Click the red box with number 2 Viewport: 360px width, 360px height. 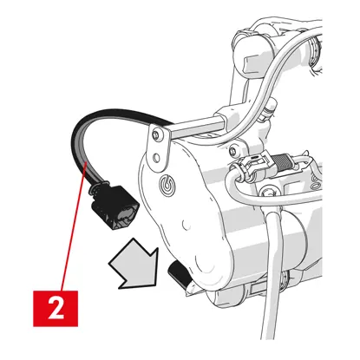pyautogui.click(x=56, y=308)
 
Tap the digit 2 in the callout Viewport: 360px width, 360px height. pyautogui.click(x=56, y=308)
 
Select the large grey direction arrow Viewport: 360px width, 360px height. pyautogui.click(x=135, y=265)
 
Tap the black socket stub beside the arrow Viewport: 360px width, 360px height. pyautogui.click(x=179, y=273)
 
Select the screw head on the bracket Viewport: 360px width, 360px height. pyautogui.click(x=156, y=134)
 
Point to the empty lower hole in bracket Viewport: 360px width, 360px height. pyautogui.click(x=156, y=158)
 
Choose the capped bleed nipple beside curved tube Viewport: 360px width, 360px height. pyautogui.click(x=268, y=108)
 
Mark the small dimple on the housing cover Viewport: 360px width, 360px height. pyautogui.click(x=186, y=224)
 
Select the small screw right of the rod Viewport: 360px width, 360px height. pyautogui.click(x=232, y=151)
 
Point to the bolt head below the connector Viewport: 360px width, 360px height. pyautogui.click(x=268, y=192)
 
